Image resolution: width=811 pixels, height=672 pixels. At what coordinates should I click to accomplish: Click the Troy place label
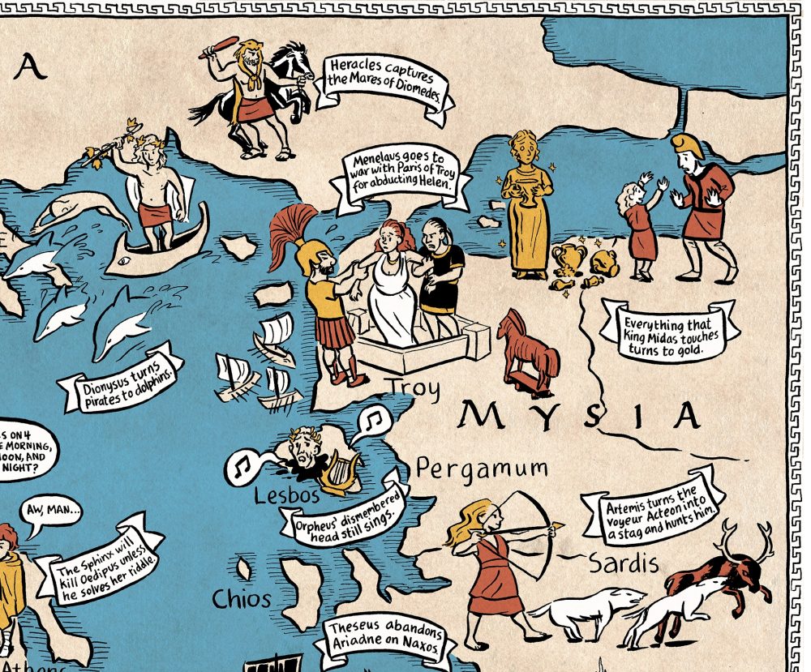414,388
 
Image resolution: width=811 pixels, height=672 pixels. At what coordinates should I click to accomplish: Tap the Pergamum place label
482,469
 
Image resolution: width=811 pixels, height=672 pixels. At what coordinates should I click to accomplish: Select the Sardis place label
622,563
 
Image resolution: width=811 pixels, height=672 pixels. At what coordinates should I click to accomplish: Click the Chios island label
241,599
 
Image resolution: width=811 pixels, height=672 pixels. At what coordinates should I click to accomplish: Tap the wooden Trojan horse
527,349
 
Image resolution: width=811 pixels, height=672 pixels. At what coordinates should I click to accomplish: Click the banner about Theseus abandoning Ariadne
384,640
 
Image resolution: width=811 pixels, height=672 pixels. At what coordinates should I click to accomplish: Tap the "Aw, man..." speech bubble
54,511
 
